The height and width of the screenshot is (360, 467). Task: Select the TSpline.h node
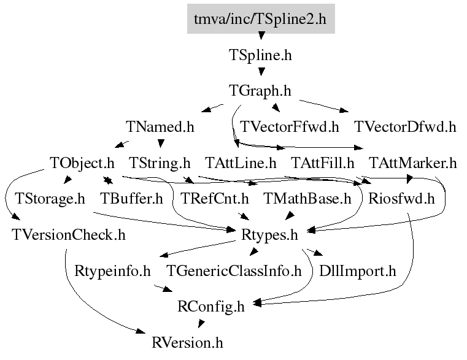point(261,55)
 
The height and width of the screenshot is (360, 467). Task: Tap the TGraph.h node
point(261,91)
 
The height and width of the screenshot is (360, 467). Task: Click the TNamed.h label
point(160,127)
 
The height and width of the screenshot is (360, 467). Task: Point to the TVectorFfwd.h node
point(290,127)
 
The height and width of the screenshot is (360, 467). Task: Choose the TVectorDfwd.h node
point(405,127)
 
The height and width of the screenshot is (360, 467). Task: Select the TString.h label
point(160,163)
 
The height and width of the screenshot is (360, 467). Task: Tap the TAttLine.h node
point(241,163)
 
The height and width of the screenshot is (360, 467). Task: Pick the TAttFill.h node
point(323,163)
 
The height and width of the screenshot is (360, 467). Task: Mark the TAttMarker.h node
point(413,163)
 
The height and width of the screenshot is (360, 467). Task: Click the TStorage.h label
point(50,199)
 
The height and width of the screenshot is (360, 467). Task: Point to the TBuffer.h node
point(131,199)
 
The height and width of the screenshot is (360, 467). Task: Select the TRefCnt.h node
point(215,199)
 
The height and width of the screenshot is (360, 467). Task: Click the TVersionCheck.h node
point(68,234)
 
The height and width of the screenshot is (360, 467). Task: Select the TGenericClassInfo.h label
point(234,270)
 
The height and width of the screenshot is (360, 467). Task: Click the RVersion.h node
point(188,342)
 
